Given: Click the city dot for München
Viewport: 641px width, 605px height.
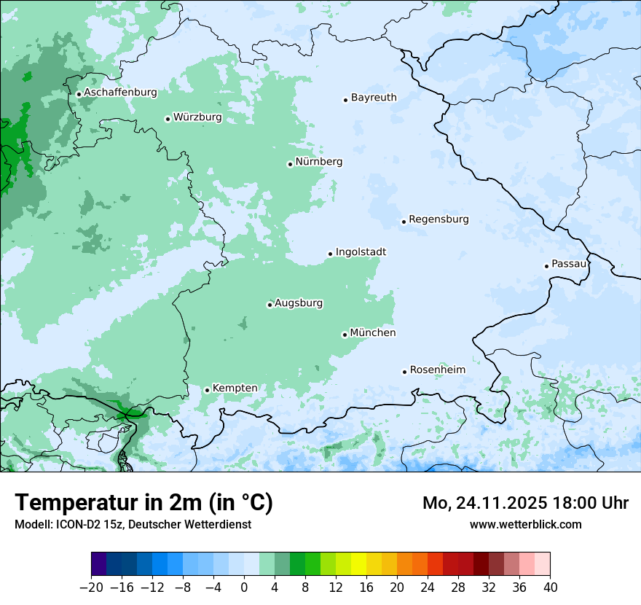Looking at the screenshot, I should [x=345, y=335].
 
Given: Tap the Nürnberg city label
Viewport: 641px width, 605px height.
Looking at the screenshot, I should [x=318, y=161].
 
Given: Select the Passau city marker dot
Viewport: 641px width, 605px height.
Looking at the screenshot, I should [x=546, y=266].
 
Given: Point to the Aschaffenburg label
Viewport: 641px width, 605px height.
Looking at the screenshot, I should [x=120, y=93].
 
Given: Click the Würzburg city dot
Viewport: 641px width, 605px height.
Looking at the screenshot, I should [x=168, y=119].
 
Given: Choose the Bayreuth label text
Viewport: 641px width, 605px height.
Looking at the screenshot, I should [x=374, y=97].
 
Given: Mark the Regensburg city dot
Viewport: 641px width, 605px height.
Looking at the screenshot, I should [x=404, y=222].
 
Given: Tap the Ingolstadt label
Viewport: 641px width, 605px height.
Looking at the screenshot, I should [x=361, y=251].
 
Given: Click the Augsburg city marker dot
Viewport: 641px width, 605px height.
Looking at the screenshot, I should [x=270, y=305].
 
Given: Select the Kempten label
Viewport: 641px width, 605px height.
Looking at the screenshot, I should [x=235, y=388].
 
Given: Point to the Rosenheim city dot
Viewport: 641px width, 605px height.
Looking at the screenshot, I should [x=405, y=372].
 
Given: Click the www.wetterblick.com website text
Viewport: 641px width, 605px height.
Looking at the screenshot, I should [x=525, y=524].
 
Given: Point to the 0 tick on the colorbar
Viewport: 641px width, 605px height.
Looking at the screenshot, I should [x=244, y=588].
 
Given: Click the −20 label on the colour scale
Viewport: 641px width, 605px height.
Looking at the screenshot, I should [x=91, y=588].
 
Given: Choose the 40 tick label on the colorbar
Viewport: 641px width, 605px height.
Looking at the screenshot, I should [x=550, y=588].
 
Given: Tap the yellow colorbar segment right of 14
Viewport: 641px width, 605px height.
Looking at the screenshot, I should [x=358, y=564].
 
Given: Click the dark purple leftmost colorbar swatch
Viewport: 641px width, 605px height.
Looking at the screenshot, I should [x=99, y=564].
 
